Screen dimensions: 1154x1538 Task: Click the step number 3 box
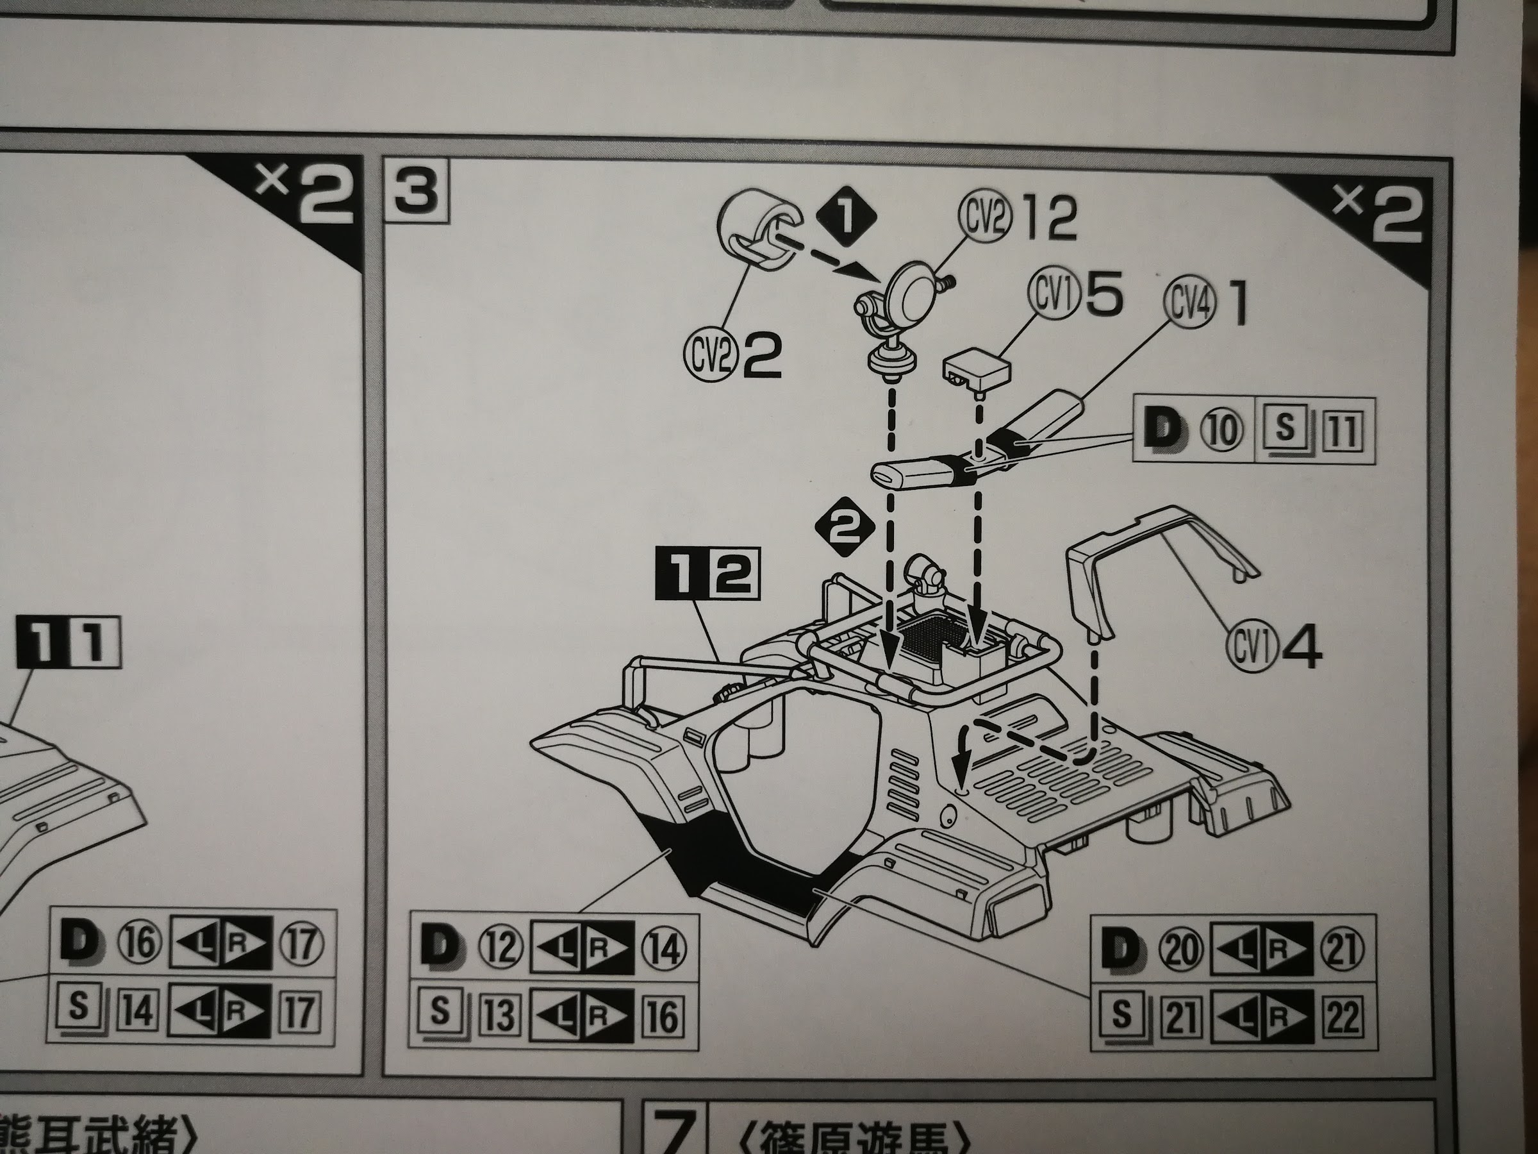pyautogui.click(x=417, y=192)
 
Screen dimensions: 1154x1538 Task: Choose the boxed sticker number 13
pyautogui.click(x=499, y=1015)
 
